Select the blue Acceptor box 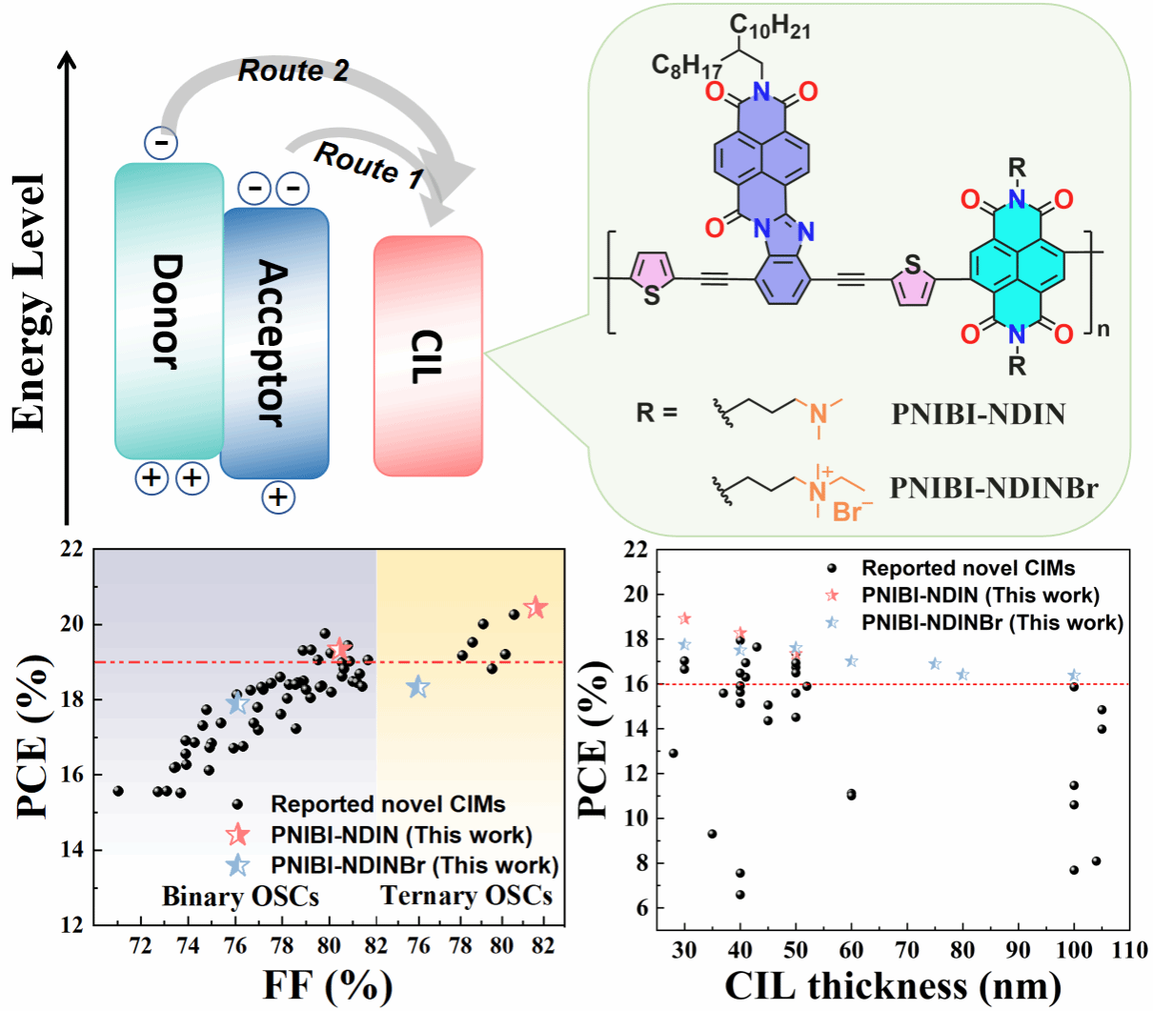tap(274, 343)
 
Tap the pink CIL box tap(428, 355)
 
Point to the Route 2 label tap(293, 71)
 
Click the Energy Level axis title tap(30, 302)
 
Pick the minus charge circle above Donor tap(161, 143)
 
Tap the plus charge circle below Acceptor tap(277, 497)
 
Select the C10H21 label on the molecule tap(770, 27)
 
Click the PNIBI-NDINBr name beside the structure tap(994, 488)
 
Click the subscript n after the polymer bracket tap(1103, 330)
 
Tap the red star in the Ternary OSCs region tap(536, 607)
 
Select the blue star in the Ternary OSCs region tap(417, 686)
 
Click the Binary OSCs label tap(240, 897)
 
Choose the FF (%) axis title tap(327, 984)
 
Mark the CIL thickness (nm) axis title tap(893, 985)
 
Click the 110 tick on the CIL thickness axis tap(1129, 950)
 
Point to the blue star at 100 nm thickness tap(1074, 675)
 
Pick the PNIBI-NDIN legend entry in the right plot tap(980, 596)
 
